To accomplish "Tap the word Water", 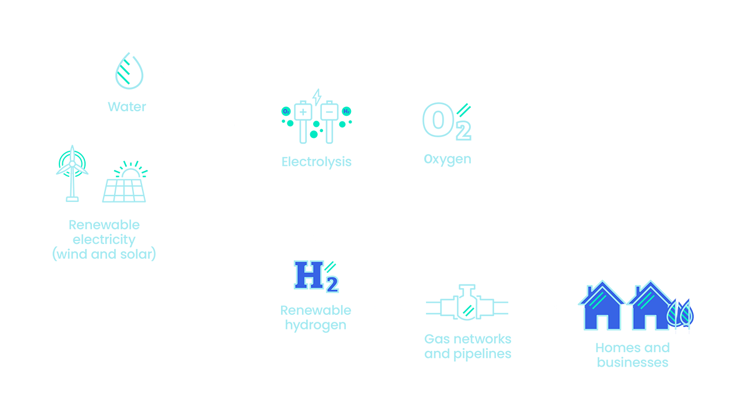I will click(x=127, y=107).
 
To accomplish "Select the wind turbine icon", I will click(x=72, y=173).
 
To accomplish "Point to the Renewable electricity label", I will click(x=104, y=239).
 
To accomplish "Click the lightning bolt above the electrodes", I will click(x=317, y=97).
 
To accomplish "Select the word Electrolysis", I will click(x=316, y=162).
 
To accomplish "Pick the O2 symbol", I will click(x=446, y=121).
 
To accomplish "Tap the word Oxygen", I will click(x=447, y=159).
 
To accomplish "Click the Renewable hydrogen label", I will click(x=315, y=317).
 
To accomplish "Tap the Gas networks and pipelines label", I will click(x=467, y=346).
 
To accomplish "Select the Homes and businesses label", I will click(x=632, y=355).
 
